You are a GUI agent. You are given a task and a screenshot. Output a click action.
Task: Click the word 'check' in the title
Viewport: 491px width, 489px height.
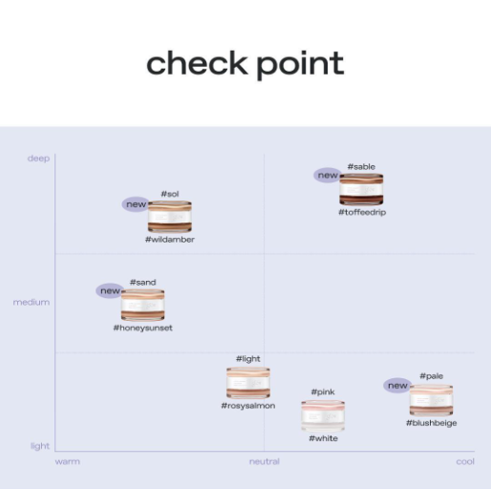click(197, 63)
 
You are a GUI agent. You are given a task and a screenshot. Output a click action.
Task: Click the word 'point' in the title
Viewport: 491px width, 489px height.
click(300, 65)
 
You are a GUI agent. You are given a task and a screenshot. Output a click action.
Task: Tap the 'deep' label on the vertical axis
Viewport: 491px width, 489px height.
click(38, 159)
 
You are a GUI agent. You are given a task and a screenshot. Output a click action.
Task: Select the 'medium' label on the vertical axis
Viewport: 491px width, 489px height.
click(32, 302)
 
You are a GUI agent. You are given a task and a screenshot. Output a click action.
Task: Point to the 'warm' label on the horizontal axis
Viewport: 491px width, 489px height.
click(68, 461)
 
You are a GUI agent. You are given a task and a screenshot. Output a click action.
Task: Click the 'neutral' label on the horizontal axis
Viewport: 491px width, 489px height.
click(265, 461)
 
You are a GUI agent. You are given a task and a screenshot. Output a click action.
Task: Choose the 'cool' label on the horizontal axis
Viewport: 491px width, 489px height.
click(465, 461)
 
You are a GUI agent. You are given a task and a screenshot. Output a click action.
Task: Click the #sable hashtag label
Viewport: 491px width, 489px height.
click(361, 167)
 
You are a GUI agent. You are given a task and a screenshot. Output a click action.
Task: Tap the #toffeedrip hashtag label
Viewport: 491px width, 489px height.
click(362, 212)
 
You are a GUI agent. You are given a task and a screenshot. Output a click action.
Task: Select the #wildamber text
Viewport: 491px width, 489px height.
click(170, 240)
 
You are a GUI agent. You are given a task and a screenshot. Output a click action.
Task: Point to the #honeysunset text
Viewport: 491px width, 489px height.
click(142, 328)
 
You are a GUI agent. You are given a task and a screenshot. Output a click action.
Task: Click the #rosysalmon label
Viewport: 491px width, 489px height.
click(248, 406)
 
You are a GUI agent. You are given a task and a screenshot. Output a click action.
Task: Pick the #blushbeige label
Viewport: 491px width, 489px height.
click(431, 423)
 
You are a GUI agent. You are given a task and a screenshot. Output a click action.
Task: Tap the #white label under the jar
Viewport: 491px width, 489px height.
click(323, 438)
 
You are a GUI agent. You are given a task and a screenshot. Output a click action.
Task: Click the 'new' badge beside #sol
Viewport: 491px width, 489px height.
click(136, 204)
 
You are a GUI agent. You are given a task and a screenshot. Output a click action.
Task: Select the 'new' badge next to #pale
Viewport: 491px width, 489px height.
click(397, 386)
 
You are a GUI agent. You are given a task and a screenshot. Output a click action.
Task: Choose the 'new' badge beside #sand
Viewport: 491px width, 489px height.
click(110, 290)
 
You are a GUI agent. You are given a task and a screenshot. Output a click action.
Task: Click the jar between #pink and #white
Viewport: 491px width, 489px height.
click(323, 415)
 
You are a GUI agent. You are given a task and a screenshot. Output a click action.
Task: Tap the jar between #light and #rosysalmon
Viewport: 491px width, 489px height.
click(248, 382)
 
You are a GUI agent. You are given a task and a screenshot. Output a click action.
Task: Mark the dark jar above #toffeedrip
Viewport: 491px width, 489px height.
click(361, 189)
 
